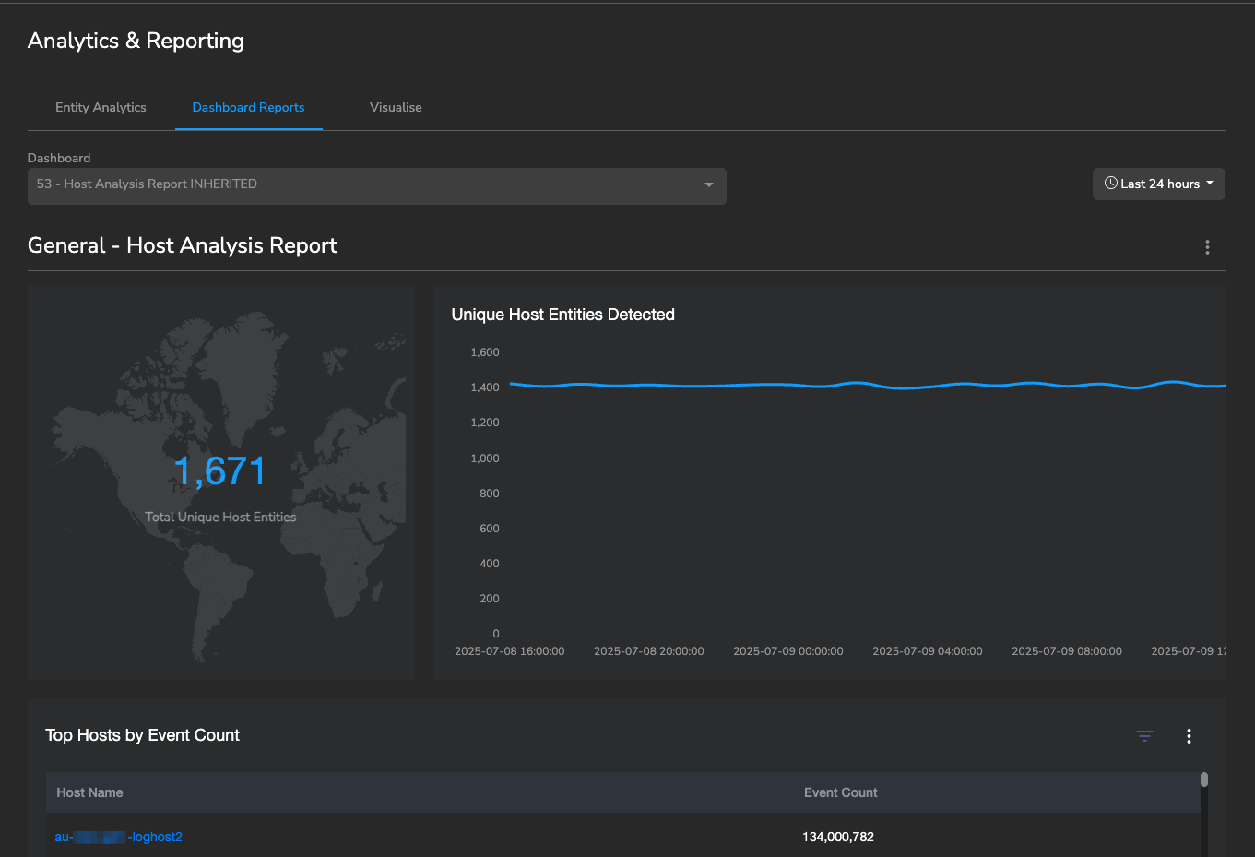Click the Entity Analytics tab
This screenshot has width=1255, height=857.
click(x=101, y=107)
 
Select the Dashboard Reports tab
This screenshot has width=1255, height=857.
click(x=248, y=107)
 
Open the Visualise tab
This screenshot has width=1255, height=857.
click(x=396, y=107)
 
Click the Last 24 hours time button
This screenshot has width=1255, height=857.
click(x=1159, y=184)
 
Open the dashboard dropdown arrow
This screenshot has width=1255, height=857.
click(x=708, y=184)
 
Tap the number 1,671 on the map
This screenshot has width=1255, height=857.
click(x=220, y=471)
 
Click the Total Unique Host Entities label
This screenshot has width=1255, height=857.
click(x=220, y=517)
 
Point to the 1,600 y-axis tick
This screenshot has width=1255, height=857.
click(x=485, y=352)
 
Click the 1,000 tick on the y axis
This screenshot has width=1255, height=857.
click(x=485, y=458)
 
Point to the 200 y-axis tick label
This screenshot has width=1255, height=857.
click(x=490, y=599)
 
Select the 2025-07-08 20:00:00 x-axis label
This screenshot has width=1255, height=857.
click(x=649, y=651)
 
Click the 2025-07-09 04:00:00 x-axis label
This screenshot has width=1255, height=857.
click(x=928, y=651)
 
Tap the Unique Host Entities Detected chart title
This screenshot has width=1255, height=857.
click(x=562, y=315)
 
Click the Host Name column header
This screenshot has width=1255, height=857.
click(x=89, y=792)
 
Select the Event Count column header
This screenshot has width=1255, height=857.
click(x=840, y=792)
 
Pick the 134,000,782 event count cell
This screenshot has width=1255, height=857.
click(x=838, y=837)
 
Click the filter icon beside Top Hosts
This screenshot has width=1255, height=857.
click(x=1144, y=735)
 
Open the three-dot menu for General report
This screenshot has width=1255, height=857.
click(x=1207, y=247)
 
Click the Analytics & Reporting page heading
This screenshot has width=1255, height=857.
click(x=136, y=41)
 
